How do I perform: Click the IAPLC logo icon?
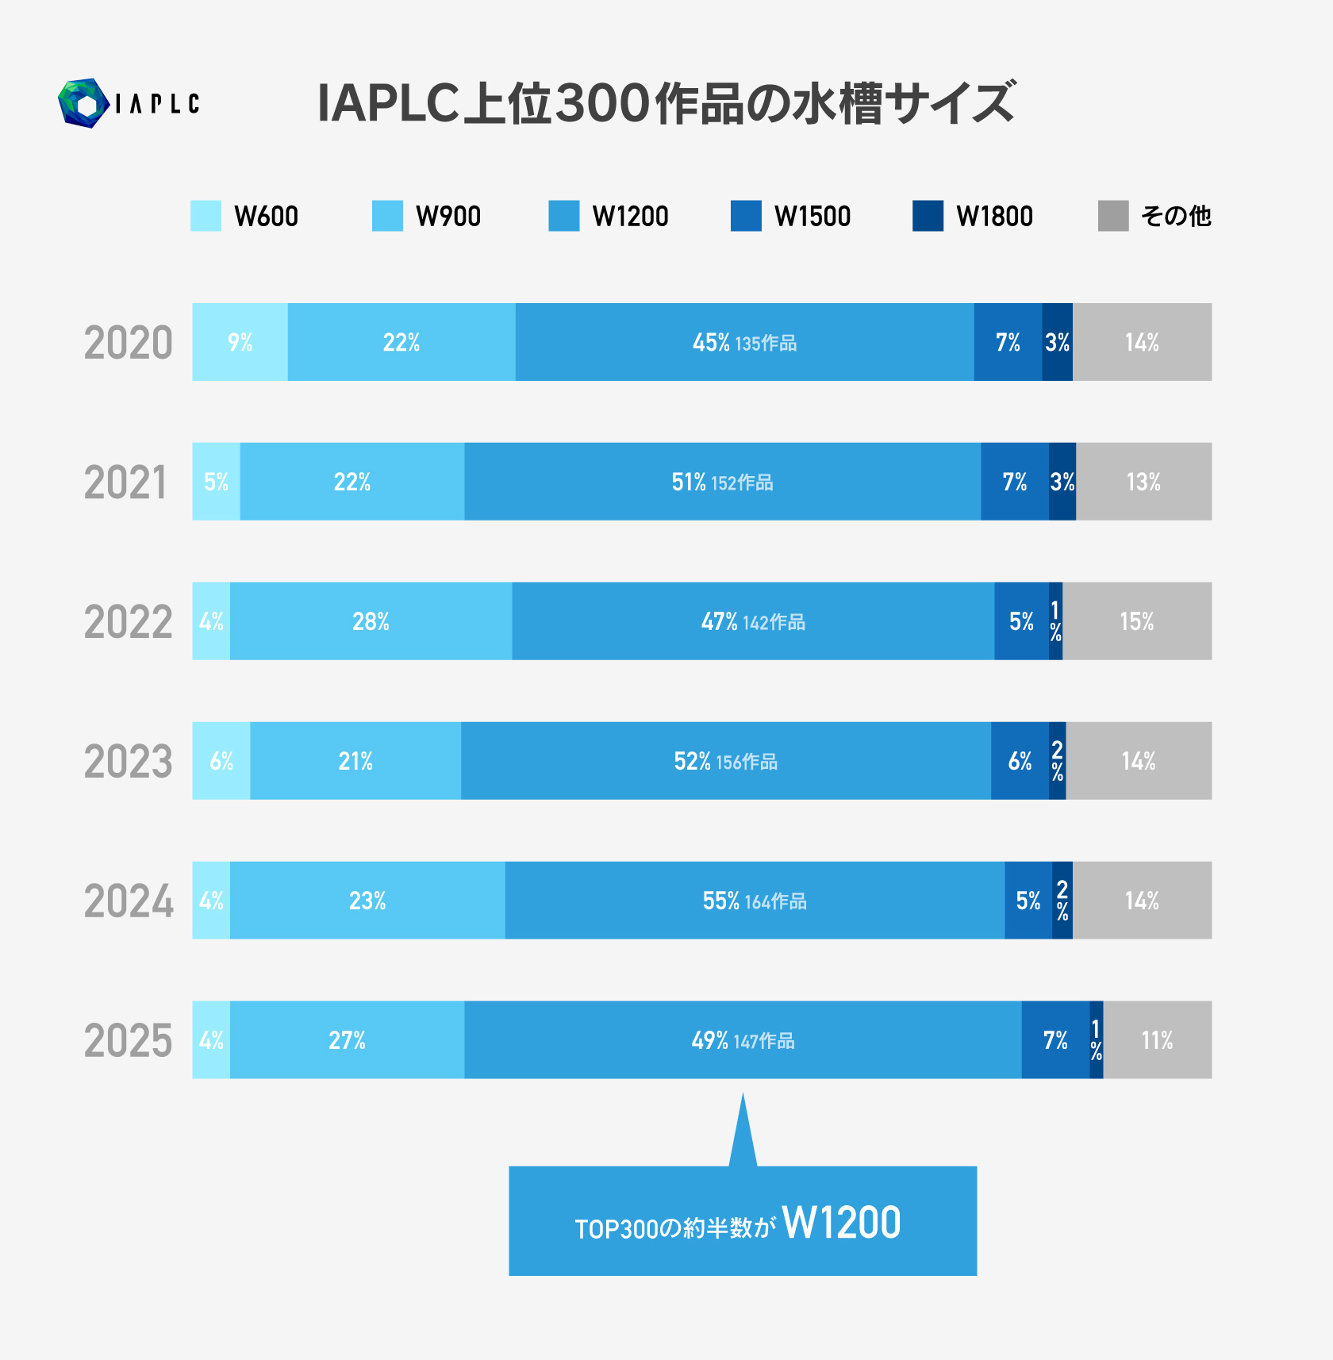83,103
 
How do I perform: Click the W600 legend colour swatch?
206,216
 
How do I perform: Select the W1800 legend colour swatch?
928,216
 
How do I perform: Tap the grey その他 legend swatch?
1112,216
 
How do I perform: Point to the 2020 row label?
128,343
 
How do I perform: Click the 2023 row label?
128,762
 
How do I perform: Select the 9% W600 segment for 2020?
240,342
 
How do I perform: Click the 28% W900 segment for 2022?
371,621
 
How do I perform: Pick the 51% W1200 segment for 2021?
722,482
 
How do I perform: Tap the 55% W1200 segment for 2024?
754,901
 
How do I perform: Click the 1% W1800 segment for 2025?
1096,1039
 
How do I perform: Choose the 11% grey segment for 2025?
1157,1039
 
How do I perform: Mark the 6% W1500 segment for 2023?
1020,761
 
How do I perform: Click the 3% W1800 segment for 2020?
1057,342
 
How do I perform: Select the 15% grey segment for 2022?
1136,621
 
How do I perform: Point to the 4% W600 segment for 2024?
211,901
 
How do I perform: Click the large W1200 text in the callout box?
841,1223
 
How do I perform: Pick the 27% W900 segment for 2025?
347,1039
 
